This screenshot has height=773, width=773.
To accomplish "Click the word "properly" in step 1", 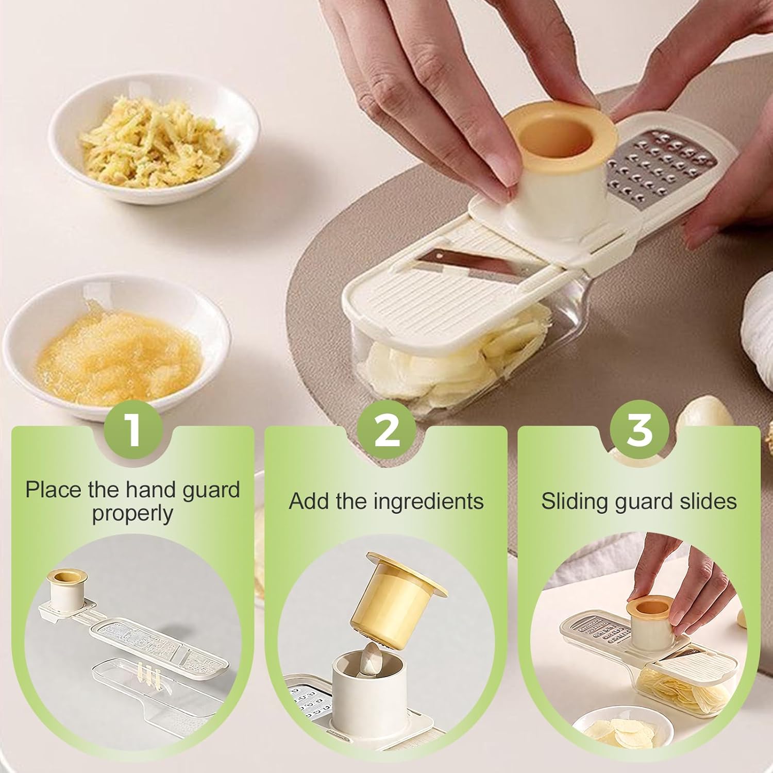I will click(x=132, y=514).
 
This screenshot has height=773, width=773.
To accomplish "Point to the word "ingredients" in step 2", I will click(x=428, y=501).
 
